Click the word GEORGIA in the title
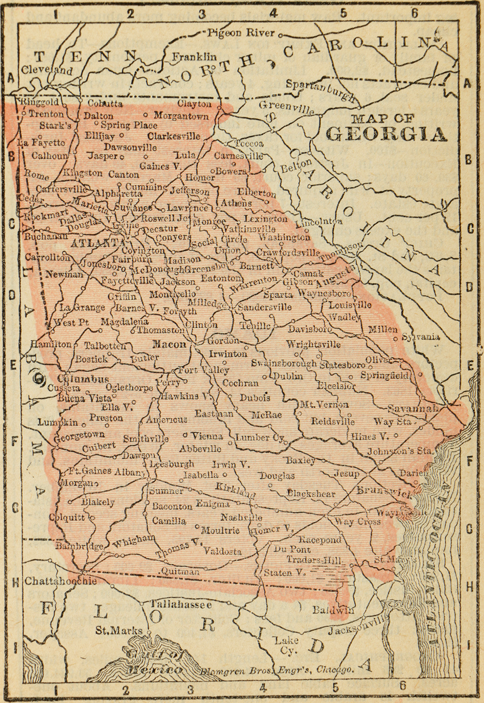pyautogui.click(x=386, y=134)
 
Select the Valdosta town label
pyautogui.click(x=223, y=551)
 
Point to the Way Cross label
pyautogui.click(x=358, y=522)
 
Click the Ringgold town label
pyautogui.click(x=39, y=103)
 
